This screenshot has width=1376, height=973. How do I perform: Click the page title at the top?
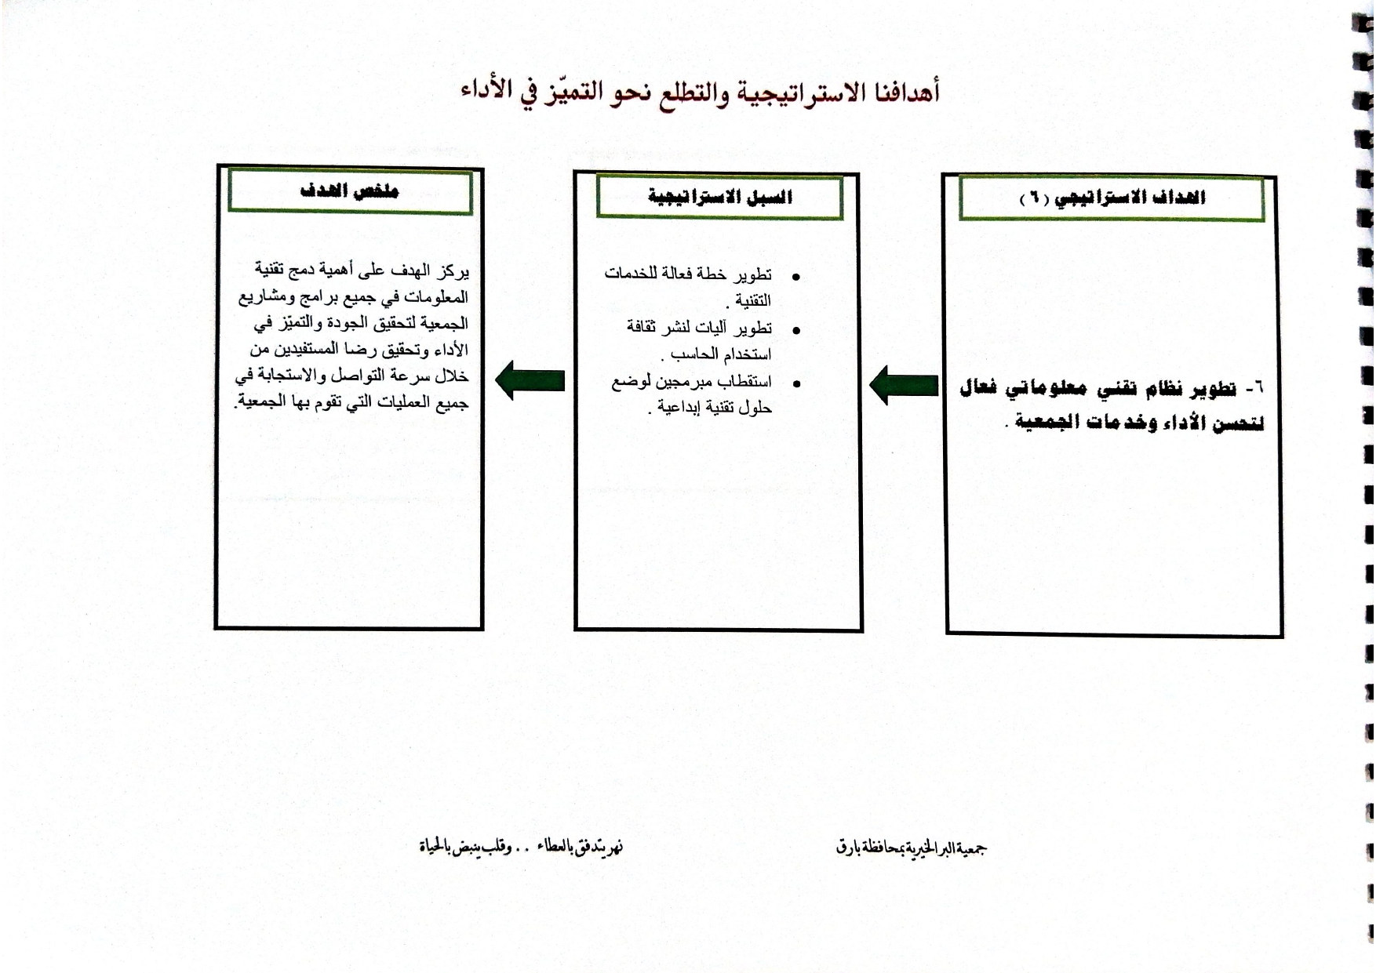coord(700,93)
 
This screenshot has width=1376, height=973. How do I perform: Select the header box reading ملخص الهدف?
coord(350,191)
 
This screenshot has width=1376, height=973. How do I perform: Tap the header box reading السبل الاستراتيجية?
coord(719,196)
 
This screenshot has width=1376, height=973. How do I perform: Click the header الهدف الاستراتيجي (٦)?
coord(1112,198)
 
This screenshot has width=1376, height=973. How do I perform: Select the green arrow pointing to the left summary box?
coord(530,380)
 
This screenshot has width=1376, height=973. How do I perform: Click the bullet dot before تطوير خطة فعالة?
coord(796,278)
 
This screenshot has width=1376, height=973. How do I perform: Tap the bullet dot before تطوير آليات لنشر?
coord(796,331)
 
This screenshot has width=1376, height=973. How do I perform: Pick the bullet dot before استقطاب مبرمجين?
coord(796,384)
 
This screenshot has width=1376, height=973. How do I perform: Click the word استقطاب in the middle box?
coord(746,383)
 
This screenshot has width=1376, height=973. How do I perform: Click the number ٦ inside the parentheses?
coord(1034,198)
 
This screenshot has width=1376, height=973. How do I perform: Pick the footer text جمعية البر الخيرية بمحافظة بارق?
coord(911,848)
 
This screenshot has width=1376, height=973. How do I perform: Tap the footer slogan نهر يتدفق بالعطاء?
coord(581,847)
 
